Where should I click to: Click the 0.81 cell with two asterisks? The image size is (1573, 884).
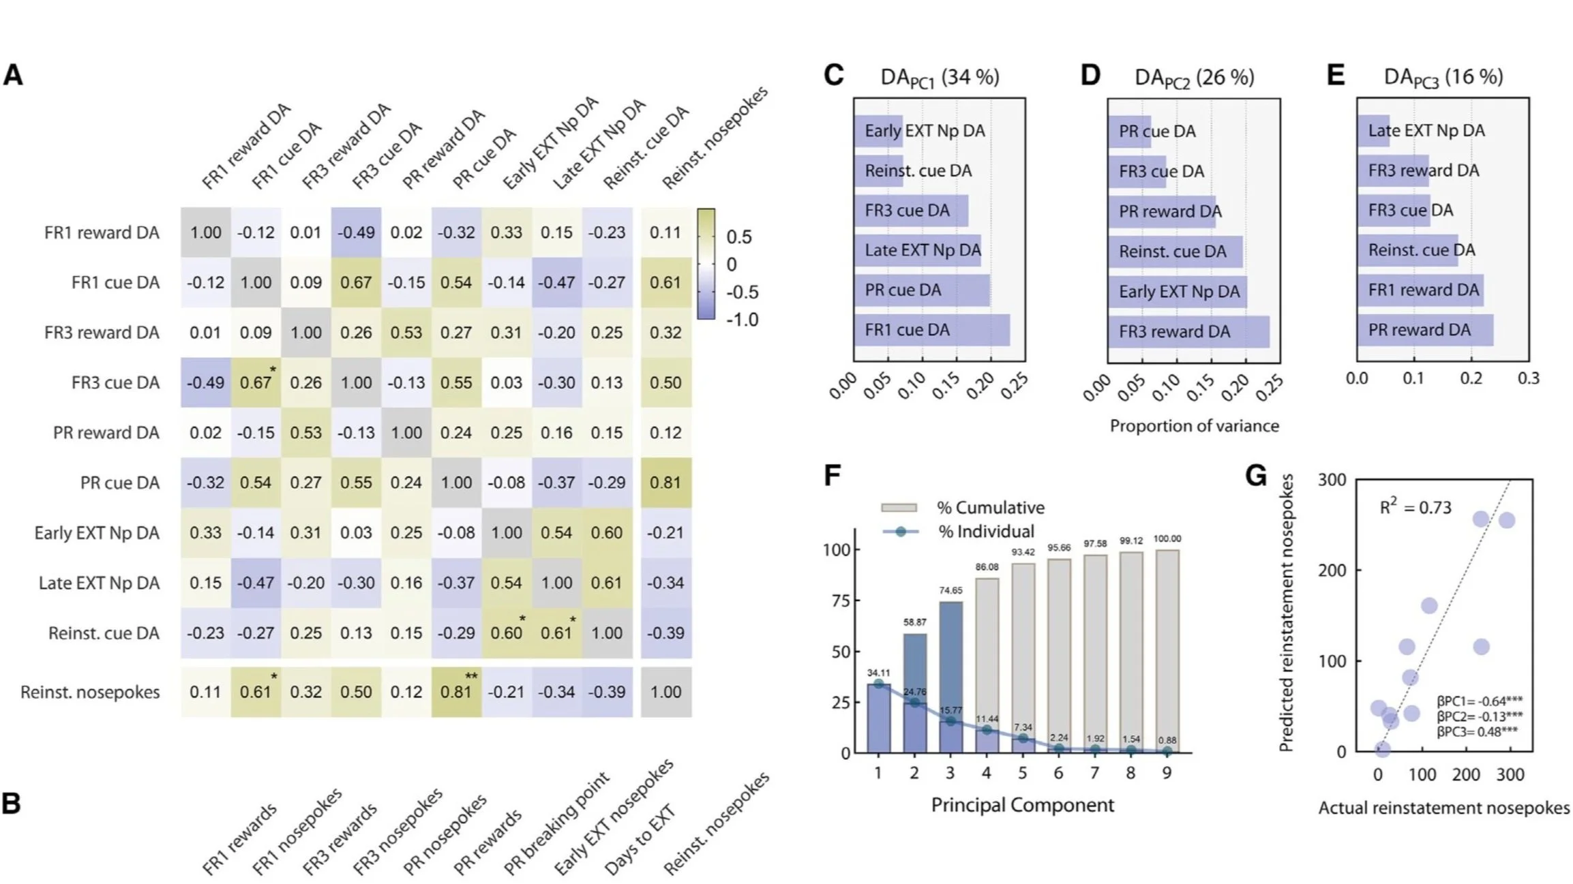pos(456,692)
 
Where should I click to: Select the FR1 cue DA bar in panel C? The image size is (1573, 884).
pos(931,330)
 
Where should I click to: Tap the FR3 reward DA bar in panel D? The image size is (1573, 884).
pos(1188,331)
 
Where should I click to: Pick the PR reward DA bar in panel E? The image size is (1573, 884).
pos(1425,330)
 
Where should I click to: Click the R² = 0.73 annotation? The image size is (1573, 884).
pos(1415,507)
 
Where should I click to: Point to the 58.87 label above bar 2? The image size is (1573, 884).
pos(914,622)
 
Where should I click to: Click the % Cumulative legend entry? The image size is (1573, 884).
pos(991,508)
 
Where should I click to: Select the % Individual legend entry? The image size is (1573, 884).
pos(986,532)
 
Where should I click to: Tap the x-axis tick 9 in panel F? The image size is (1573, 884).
pos(1167,773)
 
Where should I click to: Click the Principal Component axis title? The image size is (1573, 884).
pos(1022,805)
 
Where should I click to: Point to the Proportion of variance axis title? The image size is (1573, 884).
pos(1194,426)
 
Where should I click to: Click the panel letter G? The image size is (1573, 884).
pos(1255,476)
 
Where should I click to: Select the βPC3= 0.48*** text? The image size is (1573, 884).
pos(1478,732)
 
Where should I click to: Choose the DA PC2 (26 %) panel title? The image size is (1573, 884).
pos(1194,78)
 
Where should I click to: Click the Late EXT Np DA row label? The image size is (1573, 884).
pos(99,583)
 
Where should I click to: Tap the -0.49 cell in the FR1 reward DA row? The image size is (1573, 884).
pos(356,232)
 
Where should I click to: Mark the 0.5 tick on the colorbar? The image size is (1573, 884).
pos(739,237)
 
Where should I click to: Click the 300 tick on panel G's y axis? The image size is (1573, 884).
pos(1332,480)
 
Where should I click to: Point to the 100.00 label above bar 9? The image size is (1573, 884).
pos(1167,539)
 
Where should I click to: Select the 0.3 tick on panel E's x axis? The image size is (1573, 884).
pos(1528,378)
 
